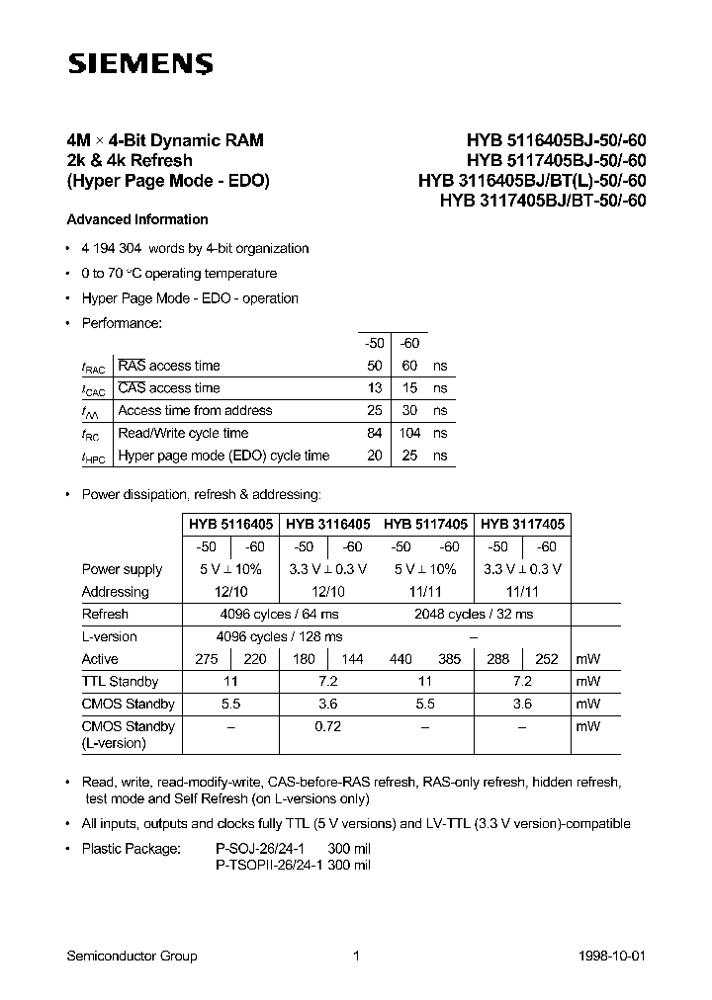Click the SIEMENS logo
139,65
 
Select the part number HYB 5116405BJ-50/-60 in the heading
550,141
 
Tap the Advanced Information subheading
137,219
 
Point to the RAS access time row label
169,366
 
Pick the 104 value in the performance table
409,433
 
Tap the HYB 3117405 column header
523,525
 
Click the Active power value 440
400,659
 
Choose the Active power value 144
352,659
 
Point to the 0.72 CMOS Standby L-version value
328,726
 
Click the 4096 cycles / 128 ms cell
280,637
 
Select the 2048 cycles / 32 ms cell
474,615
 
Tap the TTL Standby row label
120,682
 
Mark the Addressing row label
115,592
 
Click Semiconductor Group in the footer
132,956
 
